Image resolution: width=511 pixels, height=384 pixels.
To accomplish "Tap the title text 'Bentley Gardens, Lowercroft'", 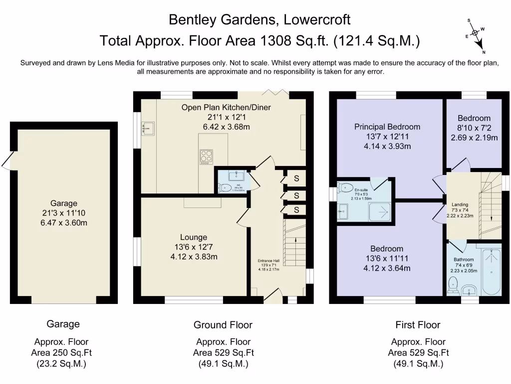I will (x=259, y=19).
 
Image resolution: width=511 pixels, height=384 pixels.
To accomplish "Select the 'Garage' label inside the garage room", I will (x=64, y=203).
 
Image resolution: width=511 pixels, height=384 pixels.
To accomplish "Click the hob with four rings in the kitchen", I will (x=206, y=156).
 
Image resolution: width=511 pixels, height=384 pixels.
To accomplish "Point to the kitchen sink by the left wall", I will (x=147, y=129).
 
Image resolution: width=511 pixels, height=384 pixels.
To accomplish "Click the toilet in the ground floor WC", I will (x=226, y=188).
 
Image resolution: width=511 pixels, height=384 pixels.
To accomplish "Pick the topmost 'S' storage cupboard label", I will (x=296, y=178).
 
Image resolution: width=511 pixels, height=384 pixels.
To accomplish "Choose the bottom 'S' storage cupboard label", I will (x=296, y=210).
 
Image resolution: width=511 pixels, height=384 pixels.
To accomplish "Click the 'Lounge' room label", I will (x=194, y=237).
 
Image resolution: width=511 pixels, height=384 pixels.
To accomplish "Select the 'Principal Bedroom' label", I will (x=387, y=126).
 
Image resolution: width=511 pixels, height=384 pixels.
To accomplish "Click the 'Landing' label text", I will (x=460, y=204).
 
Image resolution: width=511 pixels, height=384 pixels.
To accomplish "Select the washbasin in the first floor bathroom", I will (x=469, y=290).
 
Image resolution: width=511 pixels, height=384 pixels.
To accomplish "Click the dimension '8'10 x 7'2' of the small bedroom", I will (x=474, y=128).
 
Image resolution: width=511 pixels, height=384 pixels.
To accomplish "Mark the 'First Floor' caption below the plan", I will (x=418, y=325).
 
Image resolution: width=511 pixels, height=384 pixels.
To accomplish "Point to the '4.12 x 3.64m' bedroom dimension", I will (x=387, y=268).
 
